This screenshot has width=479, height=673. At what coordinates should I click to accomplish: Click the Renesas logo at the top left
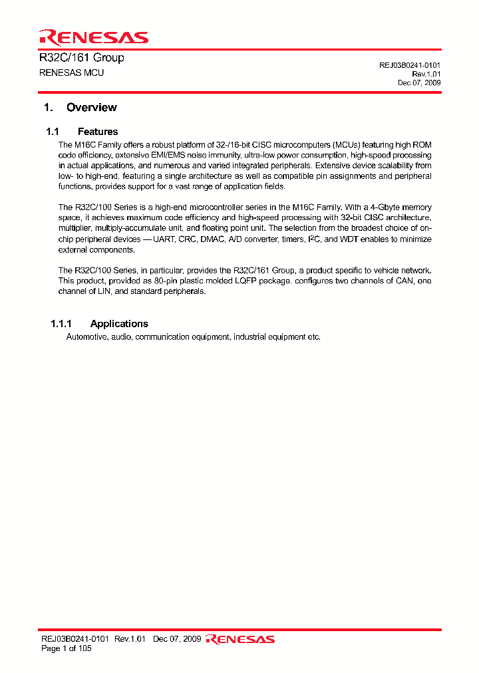[x=94, y=37]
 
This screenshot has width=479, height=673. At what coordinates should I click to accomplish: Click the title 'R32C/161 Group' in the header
[x=82, y=58]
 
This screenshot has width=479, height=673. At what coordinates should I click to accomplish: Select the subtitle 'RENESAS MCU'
[x=72, y=72]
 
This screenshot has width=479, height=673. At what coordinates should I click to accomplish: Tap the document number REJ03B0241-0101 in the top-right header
[x=410, y=65]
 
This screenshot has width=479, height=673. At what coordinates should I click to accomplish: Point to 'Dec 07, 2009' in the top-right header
[x=419, y=83]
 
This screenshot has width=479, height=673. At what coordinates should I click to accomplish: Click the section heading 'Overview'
[x=91, y=108]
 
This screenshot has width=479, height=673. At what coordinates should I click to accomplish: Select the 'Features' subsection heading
[x=98, y=132]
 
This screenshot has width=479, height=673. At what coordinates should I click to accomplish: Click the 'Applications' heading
[x=119, y=324]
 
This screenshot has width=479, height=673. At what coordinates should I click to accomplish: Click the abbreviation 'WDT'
[x=349, y=239]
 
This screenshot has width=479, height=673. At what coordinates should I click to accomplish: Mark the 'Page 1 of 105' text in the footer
[x=67, y=648]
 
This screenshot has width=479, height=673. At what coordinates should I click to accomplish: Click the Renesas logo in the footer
[x=240, y=639]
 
